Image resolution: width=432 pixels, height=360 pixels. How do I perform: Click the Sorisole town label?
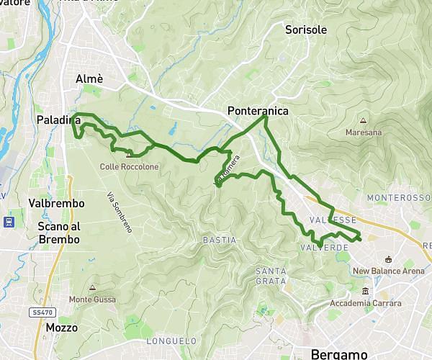pos(306,30)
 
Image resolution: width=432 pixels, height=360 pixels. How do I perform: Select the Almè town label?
pos(89,79)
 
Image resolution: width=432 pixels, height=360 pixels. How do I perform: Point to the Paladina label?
pos(58,120)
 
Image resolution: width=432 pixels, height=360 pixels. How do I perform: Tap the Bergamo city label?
pos(339,354)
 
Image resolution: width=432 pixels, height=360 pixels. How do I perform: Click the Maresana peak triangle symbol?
pos(363,121)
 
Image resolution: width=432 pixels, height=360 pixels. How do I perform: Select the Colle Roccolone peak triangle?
pos(129,155)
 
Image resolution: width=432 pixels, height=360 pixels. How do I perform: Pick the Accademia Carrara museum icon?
pos(366,292)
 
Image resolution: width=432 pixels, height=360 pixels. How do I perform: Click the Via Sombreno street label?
pos(120,212)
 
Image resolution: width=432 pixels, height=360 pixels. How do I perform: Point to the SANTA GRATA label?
pos(271,276)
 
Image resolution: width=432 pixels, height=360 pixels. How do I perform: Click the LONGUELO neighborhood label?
pos(171,341)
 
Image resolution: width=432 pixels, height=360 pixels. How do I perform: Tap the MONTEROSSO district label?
pos(398,197)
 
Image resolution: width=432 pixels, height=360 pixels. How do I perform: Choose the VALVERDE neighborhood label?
pos(323,247)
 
